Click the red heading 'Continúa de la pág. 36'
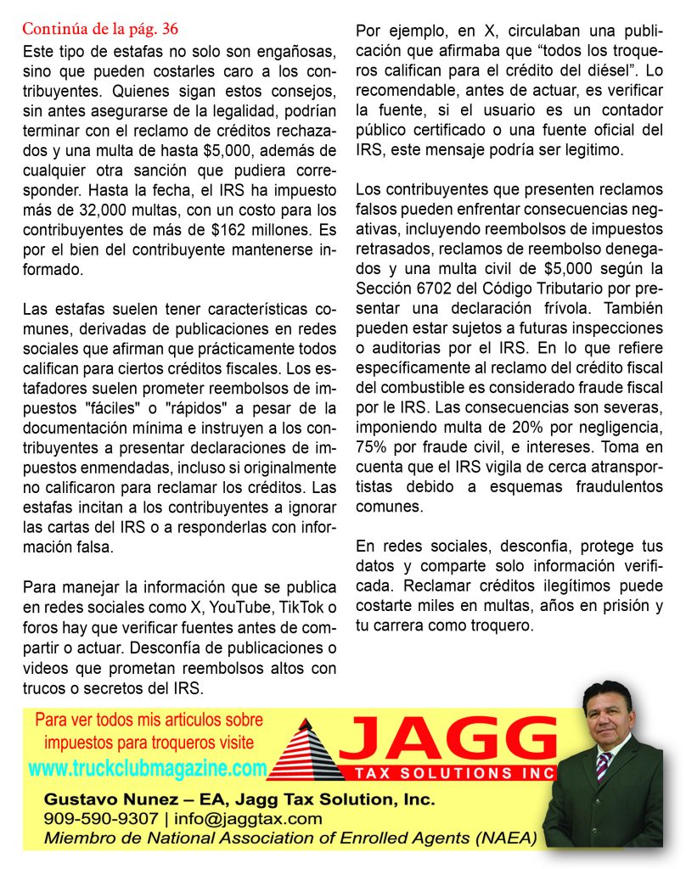pos(100,29)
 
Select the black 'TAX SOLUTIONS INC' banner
pos(448,772)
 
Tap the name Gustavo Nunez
pos(98,799)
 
